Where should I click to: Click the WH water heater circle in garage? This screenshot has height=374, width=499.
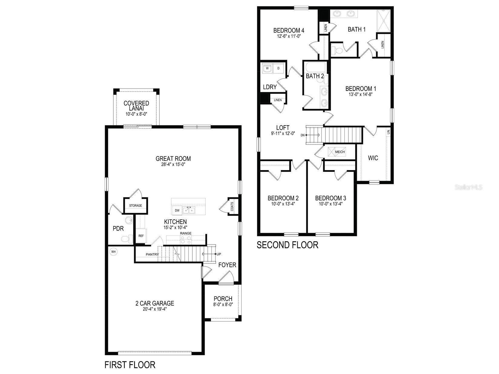[113, 251]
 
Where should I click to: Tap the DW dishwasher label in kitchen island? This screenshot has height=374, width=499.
[177, 210]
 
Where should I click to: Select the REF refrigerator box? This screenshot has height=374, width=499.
[141, 236]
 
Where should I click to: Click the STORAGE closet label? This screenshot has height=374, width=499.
[135, 206]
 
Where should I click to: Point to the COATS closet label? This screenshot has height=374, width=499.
[232, 206]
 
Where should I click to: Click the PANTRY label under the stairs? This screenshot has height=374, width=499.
[152, 255]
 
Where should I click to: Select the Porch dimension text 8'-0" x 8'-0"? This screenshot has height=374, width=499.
[223, 305]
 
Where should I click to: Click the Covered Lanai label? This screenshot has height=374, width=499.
[136, 106]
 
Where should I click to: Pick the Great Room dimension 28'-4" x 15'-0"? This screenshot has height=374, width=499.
[173, 165]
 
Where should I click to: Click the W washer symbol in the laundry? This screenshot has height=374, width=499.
[267, 69]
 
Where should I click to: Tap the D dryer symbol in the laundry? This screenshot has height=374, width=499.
[279, 69]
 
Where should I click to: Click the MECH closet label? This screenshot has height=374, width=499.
[340, 152]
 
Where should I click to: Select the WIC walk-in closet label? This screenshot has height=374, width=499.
[373, 158]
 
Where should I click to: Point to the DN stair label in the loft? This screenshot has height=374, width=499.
[302, 135]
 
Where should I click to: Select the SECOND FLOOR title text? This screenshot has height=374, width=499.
[287, 245]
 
